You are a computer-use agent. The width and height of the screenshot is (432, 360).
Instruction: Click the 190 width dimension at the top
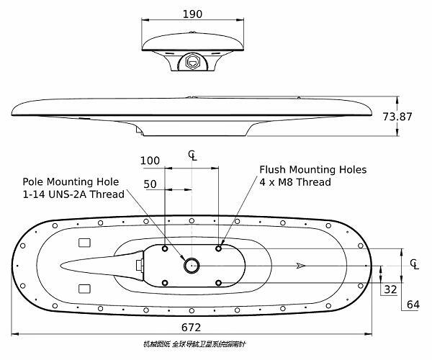tap(192, 14)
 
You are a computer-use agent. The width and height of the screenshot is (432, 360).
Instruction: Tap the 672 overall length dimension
tap(191, 327)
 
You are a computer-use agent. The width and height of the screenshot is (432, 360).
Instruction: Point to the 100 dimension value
tap(150, 160)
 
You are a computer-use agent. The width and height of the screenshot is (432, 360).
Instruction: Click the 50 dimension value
tap(150, 184)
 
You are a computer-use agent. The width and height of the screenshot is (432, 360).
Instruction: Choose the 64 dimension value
tap(413, 304)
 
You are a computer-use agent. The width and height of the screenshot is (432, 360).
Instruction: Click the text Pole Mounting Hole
tap(71, 181)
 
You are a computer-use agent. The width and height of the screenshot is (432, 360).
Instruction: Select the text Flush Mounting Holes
tap(312, 170)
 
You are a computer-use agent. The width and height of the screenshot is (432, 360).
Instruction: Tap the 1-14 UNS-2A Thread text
tap(73, 194)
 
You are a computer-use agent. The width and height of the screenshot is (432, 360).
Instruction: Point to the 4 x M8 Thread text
tap(295, 182)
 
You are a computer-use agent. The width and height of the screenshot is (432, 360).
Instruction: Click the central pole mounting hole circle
tap(192, 266)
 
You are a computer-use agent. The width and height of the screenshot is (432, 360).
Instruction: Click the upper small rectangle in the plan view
tap(84, 242)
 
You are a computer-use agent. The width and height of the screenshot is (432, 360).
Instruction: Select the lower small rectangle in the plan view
tap(84, 289)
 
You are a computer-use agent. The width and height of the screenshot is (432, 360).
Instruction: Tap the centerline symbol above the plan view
tap(192, 155)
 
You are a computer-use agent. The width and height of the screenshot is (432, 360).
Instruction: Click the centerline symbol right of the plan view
tap(413, 264)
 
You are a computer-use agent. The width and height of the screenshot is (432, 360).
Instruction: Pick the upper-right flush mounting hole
tap(219, 248)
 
